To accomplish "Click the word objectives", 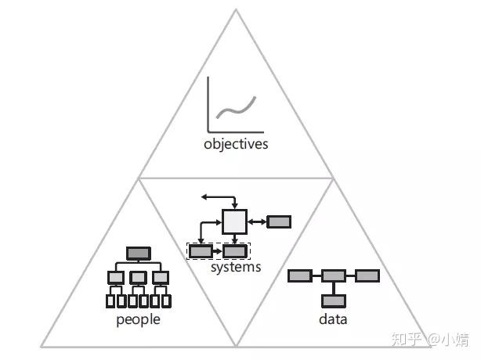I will pos(235,144).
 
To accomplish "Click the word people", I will pos(138,319).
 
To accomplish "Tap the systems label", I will pos(236,267).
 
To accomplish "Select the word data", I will pos(333,319).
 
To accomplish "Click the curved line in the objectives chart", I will pos(236,106).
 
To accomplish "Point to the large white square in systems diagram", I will pos(234,222).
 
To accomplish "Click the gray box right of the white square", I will pos(279,221).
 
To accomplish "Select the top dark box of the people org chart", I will pos(139,253).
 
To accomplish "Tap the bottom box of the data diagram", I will pos(334,300).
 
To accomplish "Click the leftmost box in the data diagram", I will pos(300,275).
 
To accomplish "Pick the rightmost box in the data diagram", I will pos(367,275).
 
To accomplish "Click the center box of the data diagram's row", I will pos(334,275).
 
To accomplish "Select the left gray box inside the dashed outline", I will pos(201,251).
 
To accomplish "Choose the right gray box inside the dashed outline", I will pos(234,251).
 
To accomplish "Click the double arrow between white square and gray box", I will pos(257,221).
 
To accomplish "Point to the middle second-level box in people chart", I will pos(139,277).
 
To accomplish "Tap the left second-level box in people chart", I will pos(116,277).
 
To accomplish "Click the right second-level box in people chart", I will pos(161,277).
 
